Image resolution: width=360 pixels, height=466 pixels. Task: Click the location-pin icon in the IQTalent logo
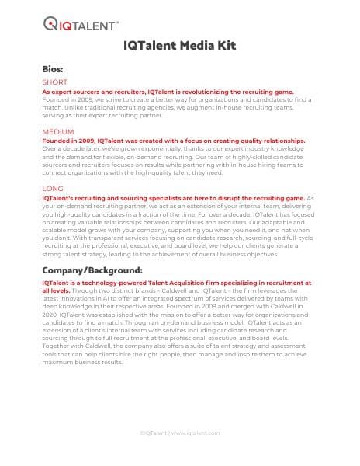(50, 23)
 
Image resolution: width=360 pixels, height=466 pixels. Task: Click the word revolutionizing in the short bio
(205, 92)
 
